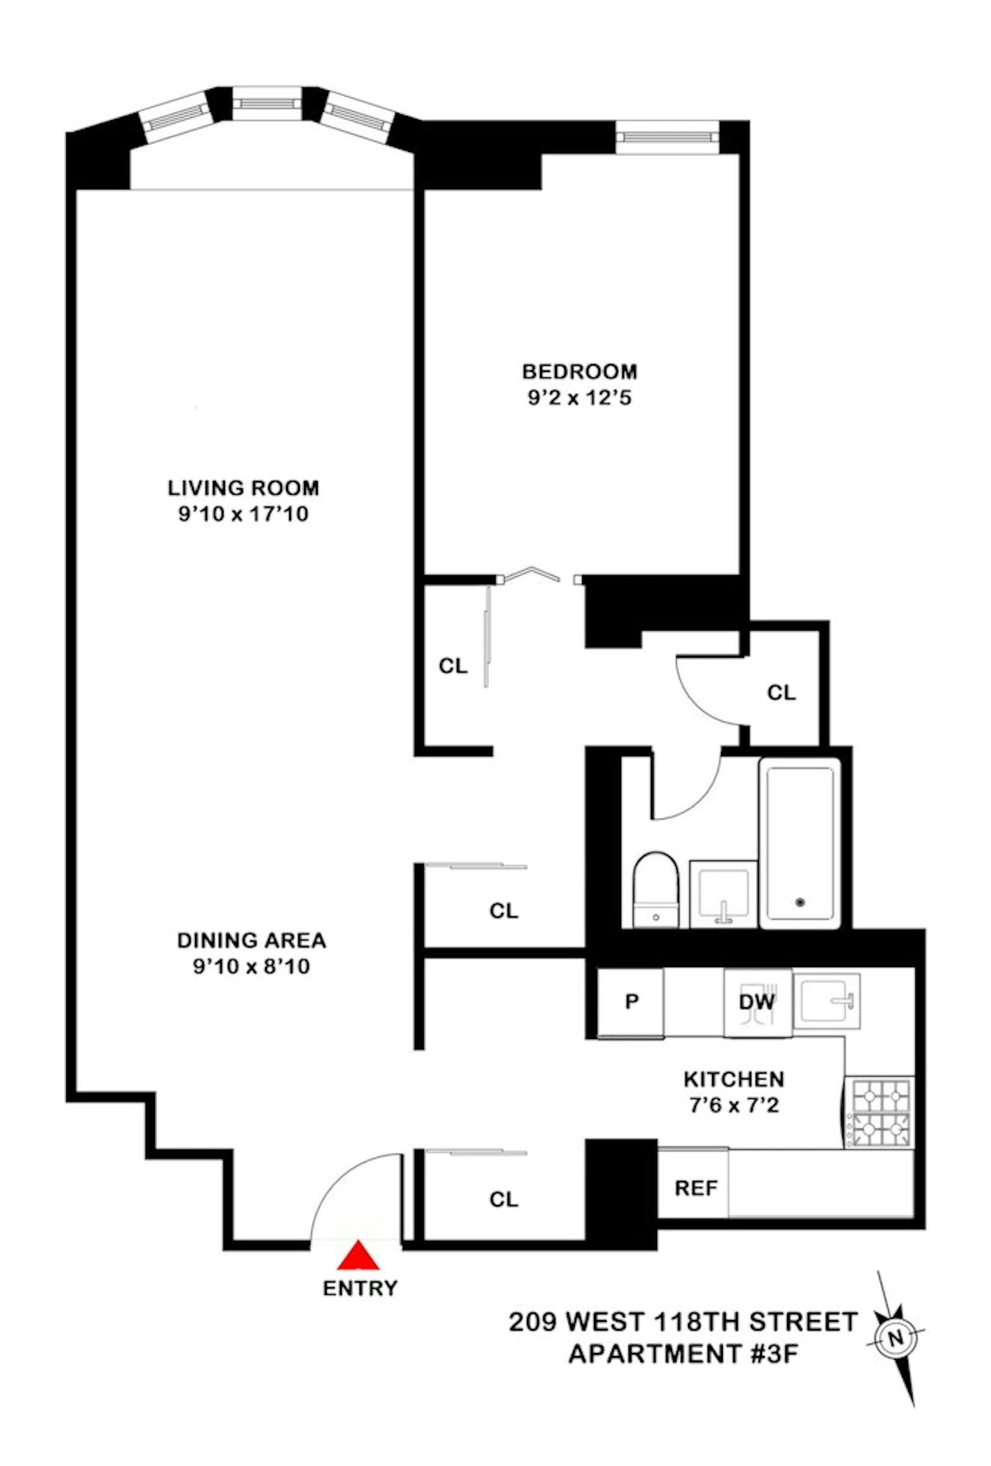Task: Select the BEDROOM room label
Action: click(x=579, y=371)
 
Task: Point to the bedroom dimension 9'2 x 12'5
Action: click(x=579, y=399)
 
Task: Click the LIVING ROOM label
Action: click(x=243, y=488)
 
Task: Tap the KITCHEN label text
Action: click(x=734, y=1079)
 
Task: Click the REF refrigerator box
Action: click(x=696, y=1188)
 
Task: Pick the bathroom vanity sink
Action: click(x=722, y=894)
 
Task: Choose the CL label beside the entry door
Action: click(x=503, y=1199)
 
